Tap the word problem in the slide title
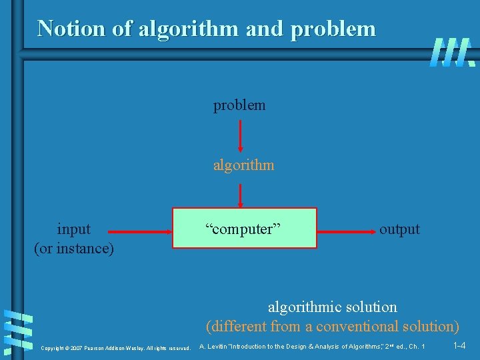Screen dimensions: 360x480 333,29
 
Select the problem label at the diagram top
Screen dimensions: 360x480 239,105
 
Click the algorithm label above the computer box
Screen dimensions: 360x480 243,165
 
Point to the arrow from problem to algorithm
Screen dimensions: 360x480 241,136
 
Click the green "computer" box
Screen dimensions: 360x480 245,229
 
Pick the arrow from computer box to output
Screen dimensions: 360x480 345,232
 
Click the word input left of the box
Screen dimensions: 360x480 74,229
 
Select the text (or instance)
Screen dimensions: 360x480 74,249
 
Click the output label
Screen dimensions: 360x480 399,229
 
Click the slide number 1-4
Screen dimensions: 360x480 459,346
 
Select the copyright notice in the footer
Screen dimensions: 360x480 115,348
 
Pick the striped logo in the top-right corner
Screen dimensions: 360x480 452,52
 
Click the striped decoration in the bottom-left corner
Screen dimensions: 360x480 18,329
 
